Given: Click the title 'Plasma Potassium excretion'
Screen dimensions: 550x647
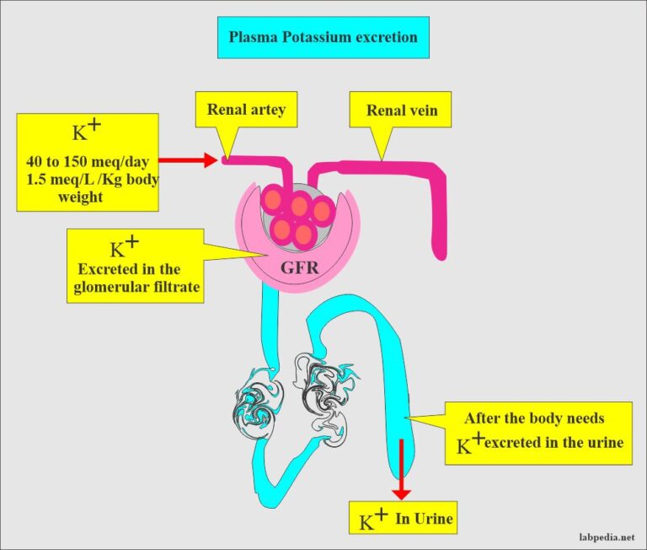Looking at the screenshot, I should click(323, 38).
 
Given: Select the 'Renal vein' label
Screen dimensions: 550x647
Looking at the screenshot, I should click(402, 111).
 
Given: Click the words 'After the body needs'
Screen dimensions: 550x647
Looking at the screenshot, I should click(534, 418).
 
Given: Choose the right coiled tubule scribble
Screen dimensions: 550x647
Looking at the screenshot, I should click(323, 390).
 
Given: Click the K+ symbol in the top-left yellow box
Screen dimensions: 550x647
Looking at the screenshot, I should click(83, 131).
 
